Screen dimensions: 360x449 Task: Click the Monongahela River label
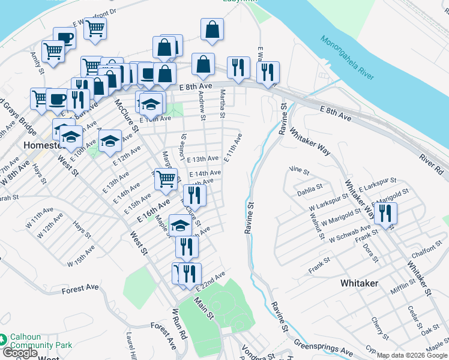[x=346, y=59]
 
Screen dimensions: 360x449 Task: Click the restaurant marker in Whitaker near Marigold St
[x=385, y=214]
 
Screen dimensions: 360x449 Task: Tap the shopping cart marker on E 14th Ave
[x=166, y=179]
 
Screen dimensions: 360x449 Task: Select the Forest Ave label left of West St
[x=80, y=289]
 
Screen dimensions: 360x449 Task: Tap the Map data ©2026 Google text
[x=412, y=355]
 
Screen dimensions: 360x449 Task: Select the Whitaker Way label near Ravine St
[x=309, y=142]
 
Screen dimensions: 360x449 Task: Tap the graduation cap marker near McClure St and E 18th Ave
[x=180, y=226]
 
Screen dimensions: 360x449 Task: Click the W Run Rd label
[x=179, y=324]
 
